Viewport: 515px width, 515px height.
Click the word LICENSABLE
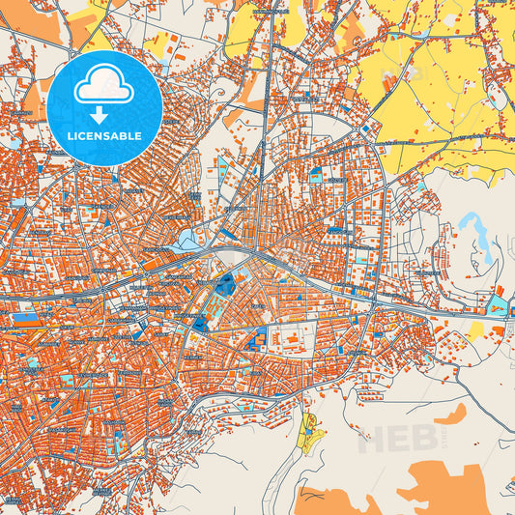coord(104,136)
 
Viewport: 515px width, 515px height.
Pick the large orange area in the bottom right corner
coord(444,488)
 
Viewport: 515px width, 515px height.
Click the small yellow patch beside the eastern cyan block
coord(475,331)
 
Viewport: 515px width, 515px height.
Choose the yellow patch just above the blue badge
coord(98,39)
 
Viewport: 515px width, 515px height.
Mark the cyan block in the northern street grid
coord(317,175)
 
